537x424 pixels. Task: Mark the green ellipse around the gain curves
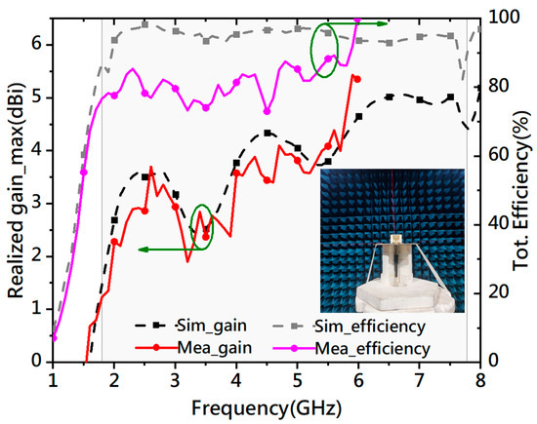click(202, 226)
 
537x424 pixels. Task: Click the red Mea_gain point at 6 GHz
click(356, 79)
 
